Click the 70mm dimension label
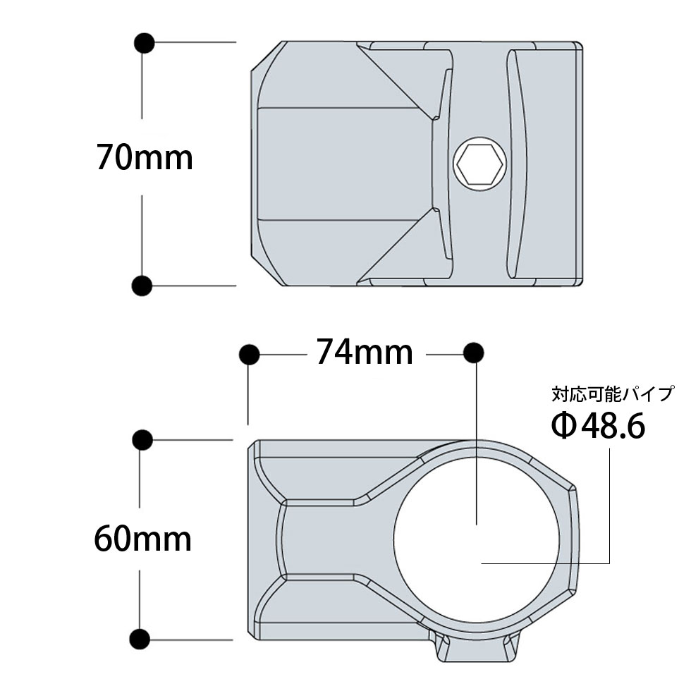(x=145, y=158)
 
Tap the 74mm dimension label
(x=364, y=352)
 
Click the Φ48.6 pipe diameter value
(x=598, y=426)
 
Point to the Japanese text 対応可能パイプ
(x=613, y=393)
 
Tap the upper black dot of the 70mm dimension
(x=143, y=42)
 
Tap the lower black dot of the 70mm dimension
(x=143, y=285)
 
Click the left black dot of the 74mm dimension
(x=248, y=354)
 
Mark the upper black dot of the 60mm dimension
(x=143, y=439)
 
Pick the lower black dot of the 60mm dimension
(x=143, y=640)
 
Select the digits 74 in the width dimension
(x=334, y=352)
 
